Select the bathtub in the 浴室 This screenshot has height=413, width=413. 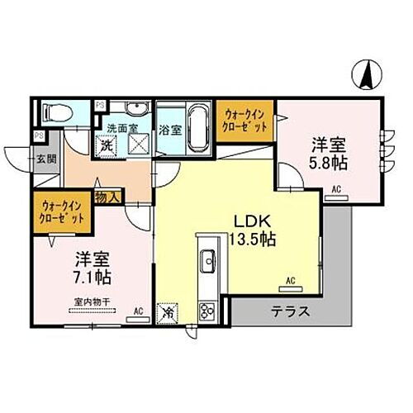[x=196, y=126]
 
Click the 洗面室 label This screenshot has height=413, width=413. [x=121, y=130]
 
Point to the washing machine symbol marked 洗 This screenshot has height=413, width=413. [x=107, y=145]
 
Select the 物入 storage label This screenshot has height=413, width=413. [x=109, y=197]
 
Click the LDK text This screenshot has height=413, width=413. [x=250, y=221]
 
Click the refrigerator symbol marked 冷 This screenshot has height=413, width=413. [x=168, y=314]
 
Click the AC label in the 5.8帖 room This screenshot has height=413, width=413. [x=336, y=189]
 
